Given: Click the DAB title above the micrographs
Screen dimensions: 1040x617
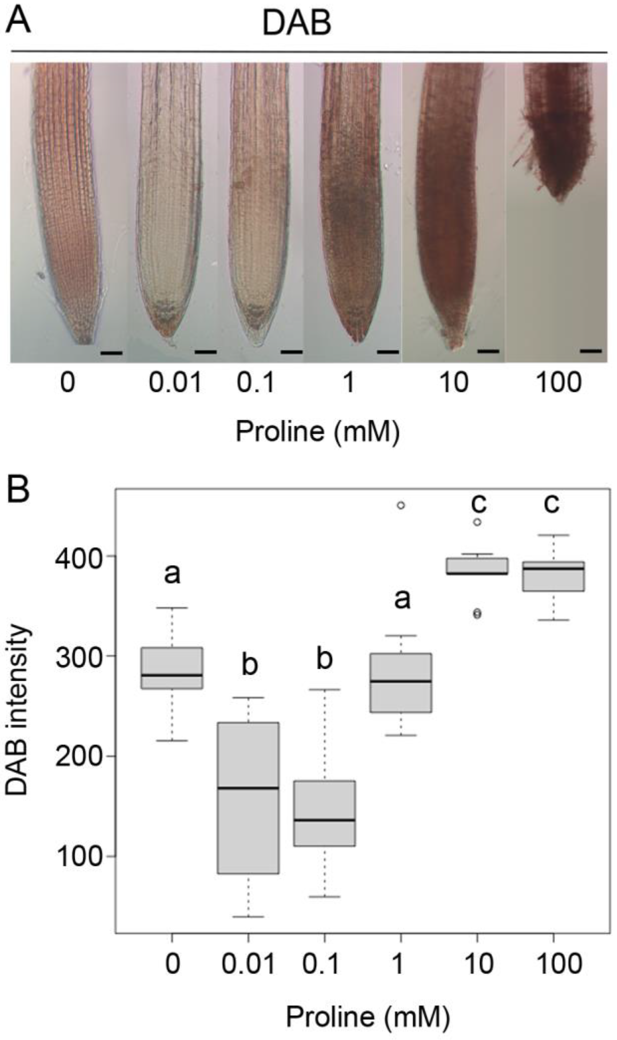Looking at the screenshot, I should [296, 23].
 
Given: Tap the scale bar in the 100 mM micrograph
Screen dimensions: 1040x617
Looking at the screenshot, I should [590, 351].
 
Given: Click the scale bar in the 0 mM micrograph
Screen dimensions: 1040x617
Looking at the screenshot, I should [112, 353].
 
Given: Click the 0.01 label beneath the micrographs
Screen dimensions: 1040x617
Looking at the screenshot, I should [175, 382].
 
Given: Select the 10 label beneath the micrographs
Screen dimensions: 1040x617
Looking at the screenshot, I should [454, 382].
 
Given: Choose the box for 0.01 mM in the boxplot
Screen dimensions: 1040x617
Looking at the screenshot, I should [249, 798].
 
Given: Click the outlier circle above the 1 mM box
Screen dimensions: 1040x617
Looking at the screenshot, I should [401, 505].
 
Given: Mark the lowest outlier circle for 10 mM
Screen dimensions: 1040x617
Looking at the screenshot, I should [477, 614].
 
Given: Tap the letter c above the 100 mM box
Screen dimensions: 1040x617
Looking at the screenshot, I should [551, 504].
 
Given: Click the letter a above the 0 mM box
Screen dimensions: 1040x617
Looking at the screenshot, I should [172, 574].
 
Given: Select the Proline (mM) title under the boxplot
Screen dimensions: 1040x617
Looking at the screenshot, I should [367, 1017].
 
